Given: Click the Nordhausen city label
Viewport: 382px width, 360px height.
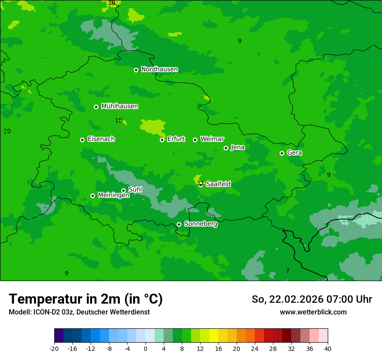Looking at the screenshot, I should pyautogui.click(x=159, y=69).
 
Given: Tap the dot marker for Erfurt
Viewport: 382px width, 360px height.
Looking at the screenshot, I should pyautogui.click(x=162, y=140).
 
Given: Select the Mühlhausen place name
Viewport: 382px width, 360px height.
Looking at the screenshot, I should pyautogui.click(x=119, y=106).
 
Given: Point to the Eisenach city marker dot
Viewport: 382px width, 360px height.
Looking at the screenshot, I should pyautogui.click(x=82, y=140).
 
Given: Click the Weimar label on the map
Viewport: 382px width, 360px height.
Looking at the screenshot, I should pyautogui.click(x=212, y=139).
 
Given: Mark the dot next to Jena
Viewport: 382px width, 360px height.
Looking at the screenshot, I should pyautogui.click(x=226, y=148).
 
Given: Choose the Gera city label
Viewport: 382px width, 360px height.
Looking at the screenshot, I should pyautogui.click(x=294, y=153).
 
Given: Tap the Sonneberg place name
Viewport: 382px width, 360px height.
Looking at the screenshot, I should pyautogui.click(x=201, y=224).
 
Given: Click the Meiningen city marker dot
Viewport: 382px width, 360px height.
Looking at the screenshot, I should pyautogui.click(x=92, y=196).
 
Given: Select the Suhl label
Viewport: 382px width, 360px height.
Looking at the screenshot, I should pyautogui.click(x=135, y=190).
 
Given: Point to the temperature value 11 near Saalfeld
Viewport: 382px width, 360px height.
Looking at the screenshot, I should pyautogui.click(x=200, y=183).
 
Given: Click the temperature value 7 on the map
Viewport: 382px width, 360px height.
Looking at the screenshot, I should pyautogui.click(x=287, y=271).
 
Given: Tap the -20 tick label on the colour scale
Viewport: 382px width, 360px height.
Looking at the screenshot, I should pyautogui.click(x=54, y=349).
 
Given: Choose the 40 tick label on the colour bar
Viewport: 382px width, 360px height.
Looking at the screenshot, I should pyautogui.click(x=328, y=349).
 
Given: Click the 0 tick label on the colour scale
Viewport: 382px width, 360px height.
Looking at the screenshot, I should pyautogui.click(x=145, y=349).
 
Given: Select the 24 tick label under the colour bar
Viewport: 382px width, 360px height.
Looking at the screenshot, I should pyautogui.click(x=255, y=349).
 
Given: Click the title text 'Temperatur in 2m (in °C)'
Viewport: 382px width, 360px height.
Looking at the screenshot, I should pyautogui.click(x=86, y=299).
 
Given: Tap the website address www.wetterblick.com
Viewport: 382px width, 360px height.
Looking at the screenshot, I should pyautogui.click(x=313, y=312).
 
